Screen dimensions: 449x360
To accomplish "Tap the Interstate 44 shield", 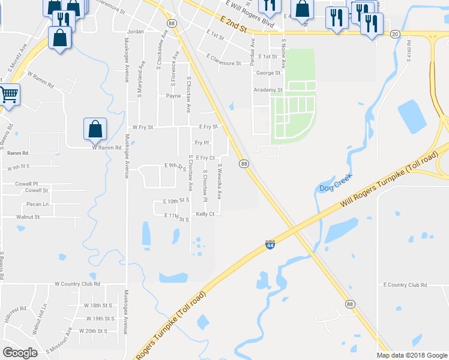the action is pos(270,245).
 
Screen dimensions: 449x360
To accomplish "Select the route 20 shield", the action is pos(394,34).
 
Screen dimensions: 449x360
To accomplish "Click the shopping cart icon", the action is pos(8,95).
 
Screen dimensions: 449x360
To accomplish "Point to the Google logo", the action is pos(20,353).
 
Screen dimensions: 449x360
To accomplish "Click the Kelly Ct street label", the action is pos(205,214).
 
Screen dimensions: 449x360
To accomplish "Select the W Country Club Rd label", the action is pos(77,284).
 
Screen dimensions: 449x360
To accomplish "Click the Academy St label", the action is pos(268,89).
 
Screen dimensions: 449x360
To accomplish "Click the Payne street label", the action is pos(173,95).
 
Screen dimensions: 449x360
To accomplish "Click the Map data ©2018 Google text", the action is pos(411,355).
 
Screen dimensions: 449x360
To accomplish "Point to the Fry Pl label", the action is pos(202,143).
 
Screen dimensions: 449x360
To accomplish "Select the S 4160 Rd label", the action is pos(408,47).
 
